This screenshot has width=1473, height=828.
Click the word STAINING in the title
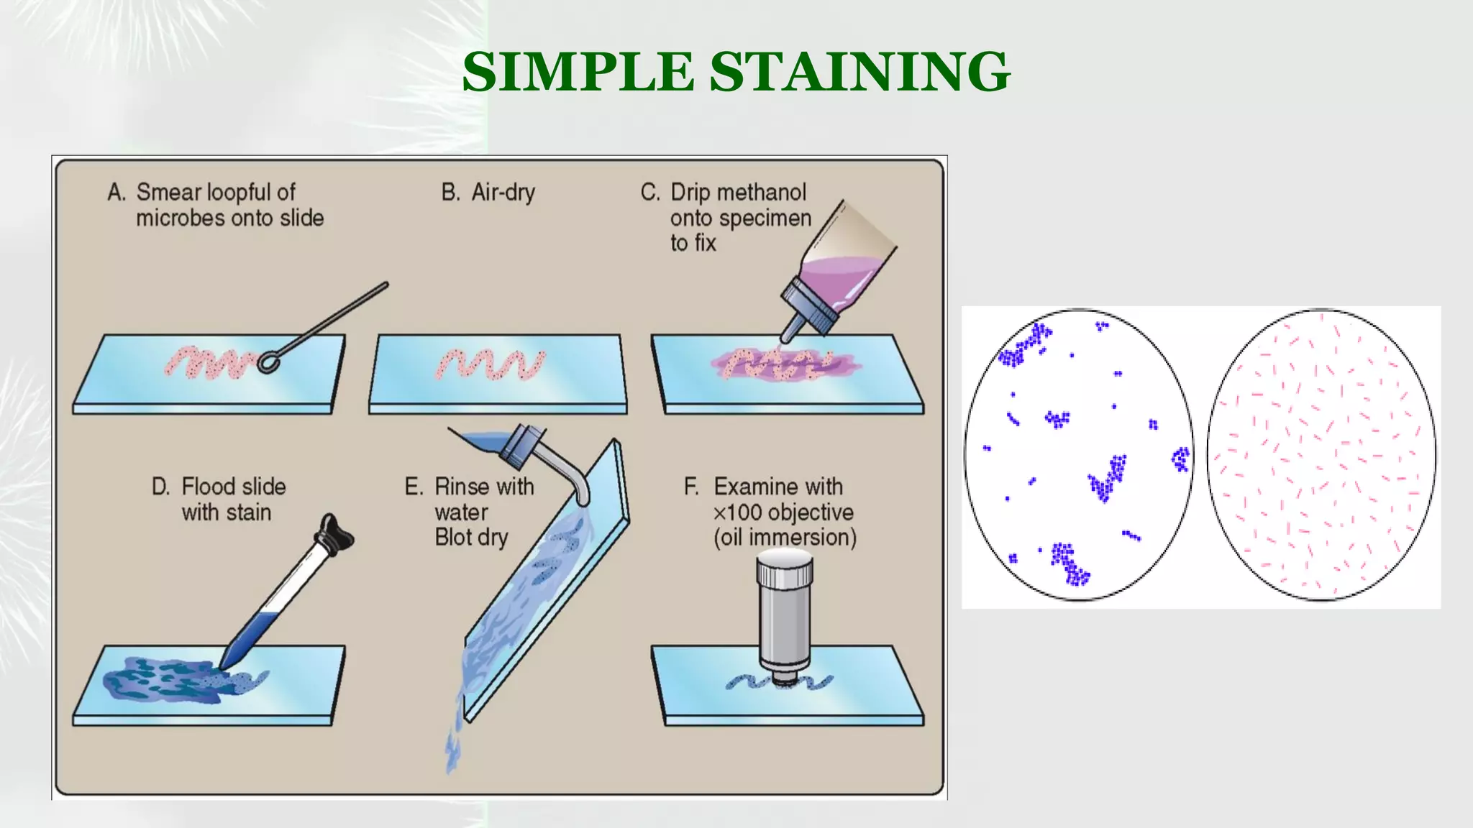point(860,72)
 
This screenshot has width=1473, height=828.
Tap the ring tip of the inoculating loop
point(268,362)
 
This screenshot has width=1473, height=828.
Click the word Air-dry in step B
point(503,193)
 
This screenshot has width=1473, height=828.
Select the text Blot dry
point(471,537)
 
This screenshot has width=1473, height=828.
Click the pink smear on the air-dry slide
point(491,364)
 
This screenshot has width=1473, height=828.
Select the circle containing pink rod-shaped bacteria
point(1321,455)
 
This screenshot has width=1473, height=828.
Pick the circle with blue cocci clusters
point(1078,455)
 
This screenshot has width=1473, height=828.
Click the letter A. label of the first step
point(117,193)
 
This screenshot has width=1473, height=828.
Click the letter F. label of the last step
point(691,487)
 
